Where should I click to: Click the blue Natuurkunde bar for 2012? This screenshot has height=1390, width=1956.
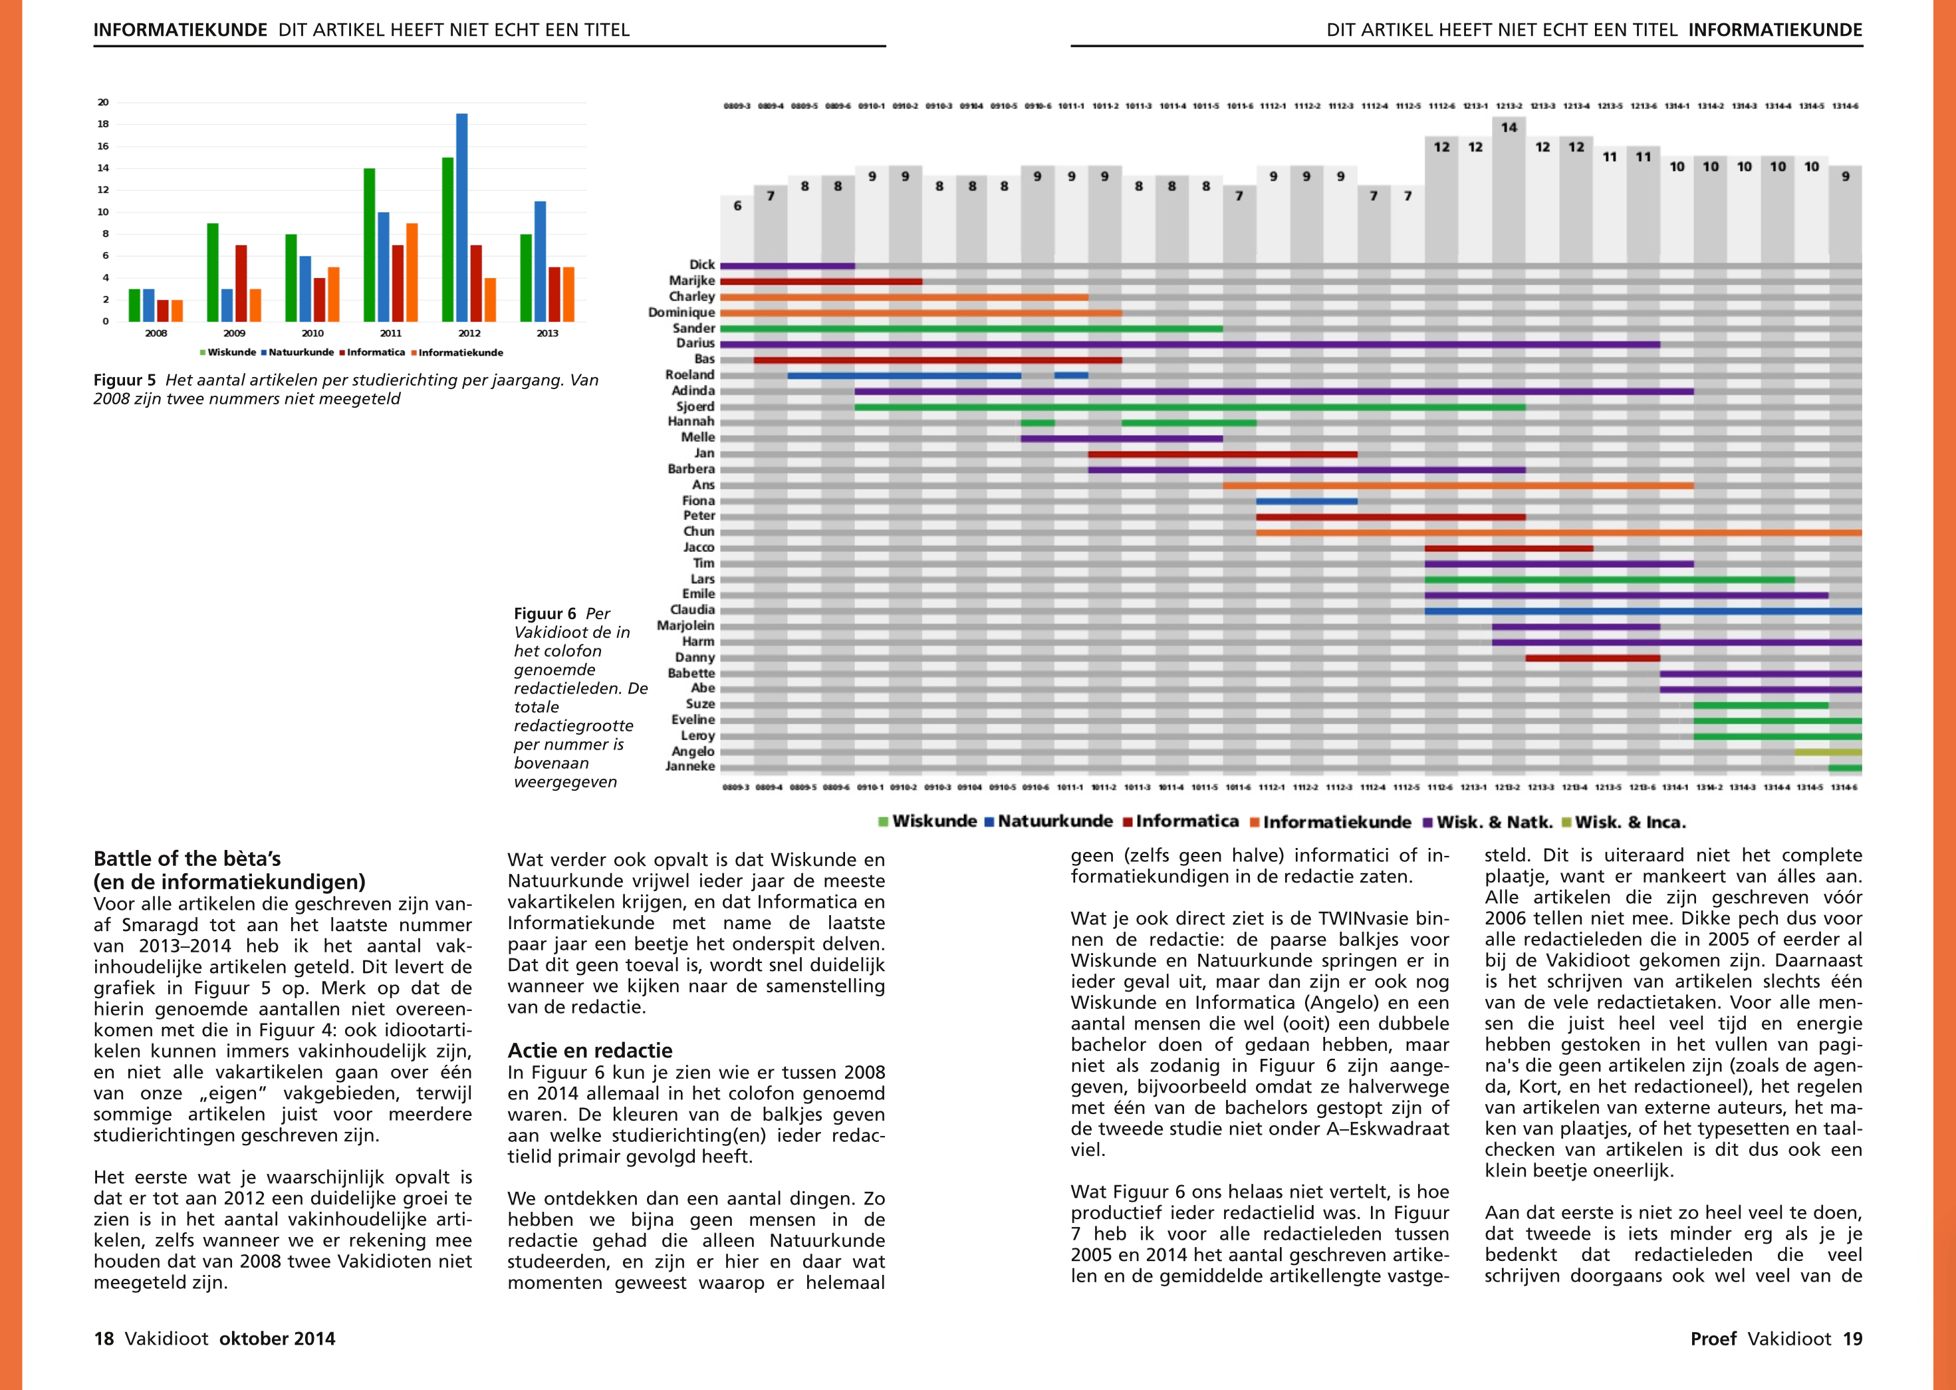[x=462, y=217]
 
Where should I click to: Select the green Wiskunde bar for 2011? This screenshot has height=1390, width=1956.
[x=370, y=245]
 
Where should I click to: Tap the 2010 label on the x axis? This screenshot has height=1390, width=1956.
[x=312, y=333]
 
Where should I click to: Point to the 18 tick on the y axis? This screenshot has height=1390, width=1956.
[x=102, y=124]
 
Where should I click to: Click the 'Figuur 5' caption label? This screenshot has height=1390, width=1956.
[x=125, y=380]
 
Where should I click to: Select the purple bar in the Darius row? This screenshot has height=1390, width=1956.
[x=1189, y=344]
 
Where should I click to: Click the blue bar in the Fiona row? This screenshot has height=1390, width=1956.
[x=1306, y=501]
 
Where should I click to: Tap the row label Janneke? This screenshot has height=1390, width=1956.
[x=689, y=766]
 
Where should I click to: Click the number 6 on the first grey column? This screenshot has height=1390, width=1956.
[x=737, y=206]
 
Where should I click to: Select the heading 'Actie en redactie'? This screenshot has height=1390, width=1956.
[x=590, y=1050]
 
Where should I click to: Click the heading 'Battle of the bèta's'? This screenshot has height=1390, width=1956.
[x=187, y=859]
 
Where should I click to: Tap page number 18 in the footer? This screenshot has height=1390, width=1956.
[x=104, y=1339]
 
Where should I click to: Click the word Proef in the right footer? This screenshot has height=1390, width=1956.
[x=1713, y=1339]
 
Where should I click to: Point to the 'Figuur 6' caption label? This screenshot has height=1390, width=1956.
[x=545, y=614]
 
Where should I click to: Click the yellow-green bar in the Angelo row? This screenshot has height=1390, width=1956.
[x=1828, y=752]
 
